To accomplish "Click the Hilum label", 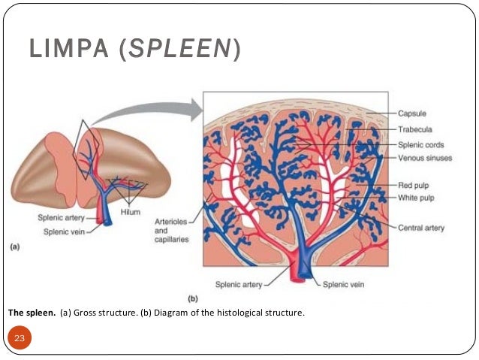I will [131, 212].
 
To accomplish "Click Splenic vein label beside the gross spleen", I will [62, 231].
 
